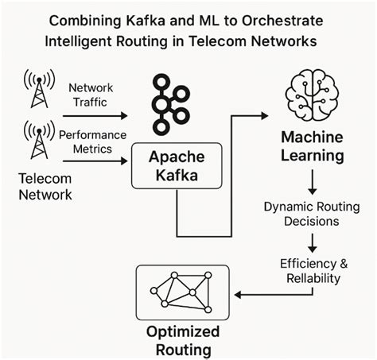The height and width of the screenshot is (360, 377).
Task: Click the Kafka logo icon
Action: tap(169, 103)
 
